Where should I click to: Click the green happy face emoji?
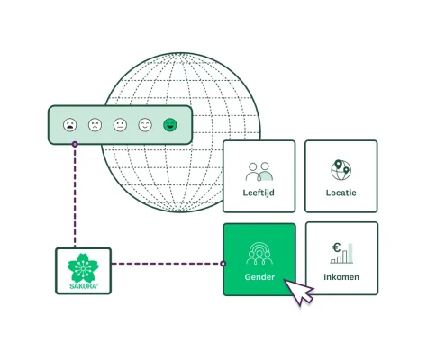click(169, 125)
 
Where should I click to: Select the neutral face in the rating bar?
click(120, 125)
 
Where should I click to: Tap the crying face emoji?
click(70, 125)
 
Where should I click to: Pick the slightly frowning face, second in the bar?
click(95, 125)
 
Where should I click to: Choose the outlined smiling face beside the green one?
click(145, 125)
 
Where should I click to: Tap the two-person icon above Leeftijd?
click(259, 170)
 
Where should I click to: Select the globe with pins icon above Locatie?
click(341, 169)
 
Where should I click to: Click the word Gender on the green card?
click(259, 277)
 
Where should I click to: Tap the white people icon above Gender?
click(259, 253)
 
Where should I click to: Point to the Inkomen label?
click(341, 277)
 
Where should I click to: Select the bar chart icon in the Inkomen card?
click(347, 253)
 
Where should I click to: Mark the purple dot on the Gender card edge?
click(223, 264)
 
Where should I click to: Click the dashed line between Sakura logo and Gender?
click(167, 264)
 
